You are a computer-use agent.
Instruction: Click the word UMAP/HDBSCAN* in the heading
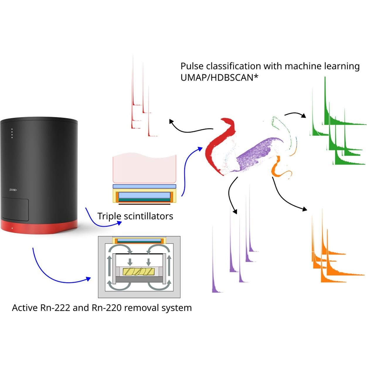tap(219, 78)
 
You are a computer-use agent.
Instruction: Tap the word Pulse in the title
tap(192, 66)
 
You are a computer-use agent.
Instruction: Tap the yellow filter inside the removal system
tap(139, 272)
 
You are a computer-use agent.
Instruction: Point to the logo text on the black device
tap(13, 190)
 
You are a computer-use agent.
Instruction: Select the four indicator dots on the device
tap(12, 133)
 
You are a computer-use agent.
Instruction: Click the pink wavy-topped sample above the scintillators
tap(145, 169)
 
